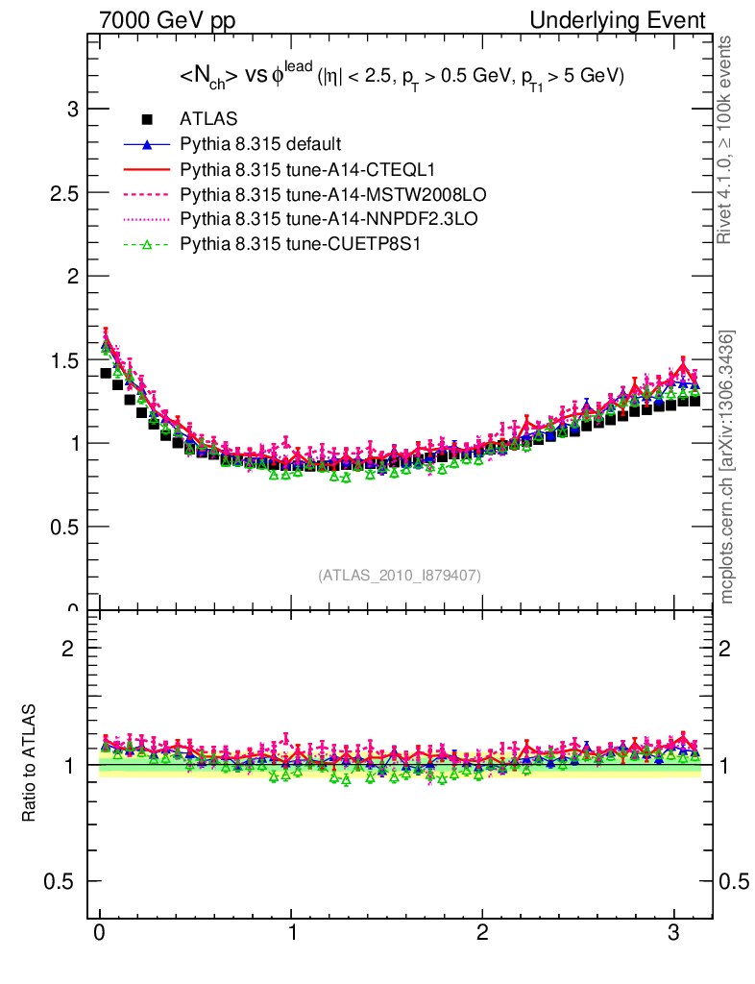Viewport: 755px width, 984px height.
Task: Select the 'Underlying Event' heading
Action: [630, 20]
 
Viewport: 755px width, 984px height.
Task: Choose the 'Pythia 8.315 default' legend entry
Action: [260, 144]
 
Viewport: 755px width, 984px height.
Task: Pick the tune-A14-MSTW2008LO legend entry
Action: [313, 194]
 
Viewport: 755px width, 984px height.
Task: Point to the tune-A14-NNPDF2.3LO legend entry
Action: [315, 219]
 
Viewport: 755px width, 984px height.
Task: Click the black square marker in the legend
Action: [147, 119]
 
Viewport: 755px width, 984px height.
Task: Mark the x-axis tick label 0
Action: [100, 935]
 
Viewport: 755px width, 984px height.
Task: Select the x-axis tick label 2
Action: [483, 935]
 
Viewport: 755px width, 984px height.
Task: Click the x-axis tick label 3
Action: [674, 935]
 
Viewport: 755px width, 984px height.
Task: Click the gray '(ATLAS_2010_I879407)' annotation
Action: [400, 575]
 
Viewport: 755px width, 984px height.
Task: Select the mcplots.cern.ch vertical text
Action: [727, 467]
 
